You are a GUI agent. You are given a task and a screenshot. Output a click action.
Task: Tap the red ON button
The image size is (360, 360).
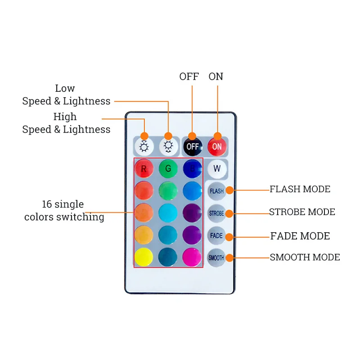click(217, 146)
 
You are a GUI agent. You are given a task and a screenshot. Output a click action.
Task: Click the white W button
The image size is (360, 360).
click(217, 169)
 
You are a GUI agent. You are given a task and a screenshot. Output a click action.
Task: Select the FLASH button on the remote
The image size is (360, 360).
click(216, 191)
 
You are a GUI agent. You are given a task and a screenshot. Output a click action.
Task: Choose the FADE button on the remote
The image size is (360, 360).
click(216, 236)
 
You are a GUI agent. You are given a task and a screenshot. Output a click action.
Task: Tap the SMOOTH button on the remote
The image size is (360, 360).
click(216, 258)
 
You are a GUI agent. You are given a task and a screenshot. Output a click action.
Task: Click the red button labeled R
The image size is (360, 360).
click(144, 169)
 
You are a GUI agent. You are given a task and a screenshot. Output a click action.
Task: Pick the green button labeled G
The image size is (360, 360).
click(168, 169)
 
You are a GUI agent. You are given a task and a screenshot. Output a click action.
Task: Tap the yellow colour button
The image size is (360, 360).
click(144, 257)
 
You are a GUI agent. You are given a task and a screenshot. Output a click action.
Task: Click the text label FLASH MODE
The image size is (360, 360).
click(300, 189)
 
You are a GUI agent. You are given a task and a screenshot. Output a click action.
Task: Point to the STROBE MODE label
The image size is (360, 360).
click(302, 212)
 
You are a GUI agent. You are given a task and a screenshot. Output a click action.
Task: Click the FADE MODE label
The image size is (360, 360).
click(300, 236)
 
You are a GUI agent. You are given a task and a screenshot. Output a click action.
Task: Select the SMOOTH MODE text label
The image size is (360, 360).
click(305, 257)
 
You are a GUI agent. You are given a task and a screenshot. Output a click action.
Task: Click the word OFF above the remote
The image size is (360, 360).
click(189, 76)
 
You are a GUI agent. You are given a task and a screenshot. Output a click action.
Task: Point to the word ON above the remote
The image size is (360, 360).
click(216, 76)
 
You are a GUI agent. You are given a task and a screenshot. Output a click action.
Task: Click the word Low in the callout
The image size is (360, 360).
click(65, 88)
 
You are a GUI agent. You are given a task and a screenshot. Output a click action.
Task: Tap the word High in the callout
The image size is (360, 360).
click(65, 117)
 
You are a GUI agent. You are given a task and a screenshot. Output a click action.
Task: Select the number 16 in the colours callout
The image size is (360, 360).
click(47, 204)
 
